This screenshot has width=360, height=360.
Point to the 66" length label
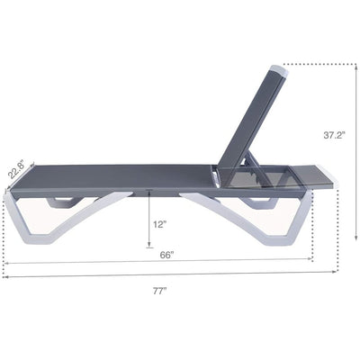[166, 255]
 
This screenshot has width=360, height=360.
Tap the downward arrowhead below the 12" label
[149, 245]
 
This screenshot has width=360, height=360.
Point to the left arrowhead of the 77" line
[5, 276]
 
